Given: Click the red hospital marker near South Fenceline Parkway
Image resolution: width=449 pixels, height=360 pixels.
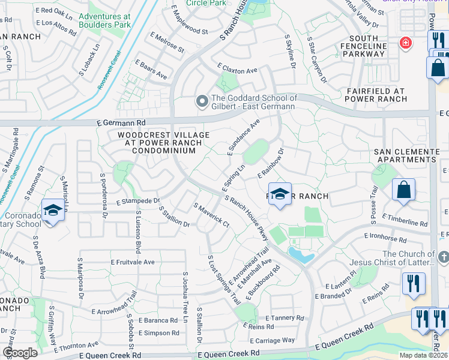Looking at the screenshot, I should tap(406, 43).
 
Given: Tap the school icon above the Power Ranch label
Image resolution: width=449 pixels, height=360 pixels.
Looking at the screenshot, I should tap(280, 194).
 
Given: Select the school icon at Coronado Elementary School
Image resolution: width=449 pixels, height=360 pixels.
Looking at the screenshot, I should tap(53, 211).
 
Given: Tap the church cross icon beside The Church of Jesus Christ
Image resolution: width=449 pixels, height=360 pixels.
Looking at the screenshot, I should tap(444, 257).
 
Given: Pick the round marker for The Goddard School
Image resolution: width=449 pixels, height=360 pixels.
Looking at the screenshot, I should tap(202, 102).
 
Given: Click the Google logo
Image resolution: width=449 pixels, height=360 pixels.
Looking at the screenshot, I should tap(20, 353).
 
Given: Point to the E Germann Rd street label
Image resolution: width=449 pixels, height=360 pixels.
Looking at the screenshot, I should tap(122, 122).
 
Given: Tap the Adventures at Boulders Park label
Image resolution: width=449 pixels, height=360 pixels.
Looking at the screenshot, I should tap(104, 20).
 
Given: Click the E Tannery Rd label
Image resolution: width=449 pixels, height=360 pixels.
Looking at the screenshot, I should tap(283, 317).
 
